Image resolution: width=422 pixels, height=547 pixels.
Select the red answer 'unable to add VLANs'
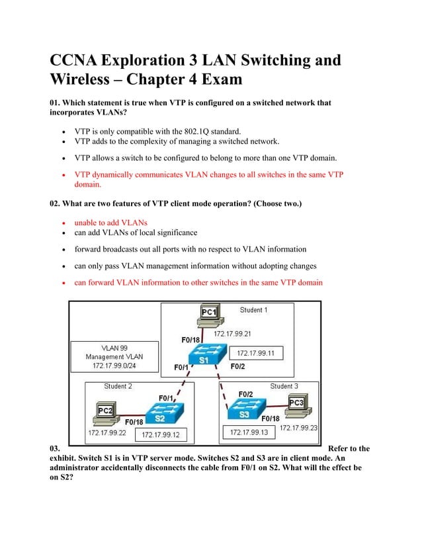coord(110,223)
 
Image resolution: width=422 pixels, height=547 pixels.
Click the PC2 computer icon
coord(105,415)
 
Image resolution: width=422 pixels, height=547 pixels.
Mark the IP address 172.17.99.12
coord(161,435)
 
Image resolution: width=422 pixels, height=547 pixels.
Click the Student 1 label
coord(253,310)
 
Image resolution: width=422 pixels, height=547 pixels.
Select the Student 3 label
coord(284,386)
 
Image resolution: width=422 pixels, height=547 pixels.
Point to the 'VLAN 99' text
coord(114,348)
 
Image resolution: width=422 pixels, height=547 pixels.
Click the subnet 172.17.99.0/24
coord(114,366)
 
